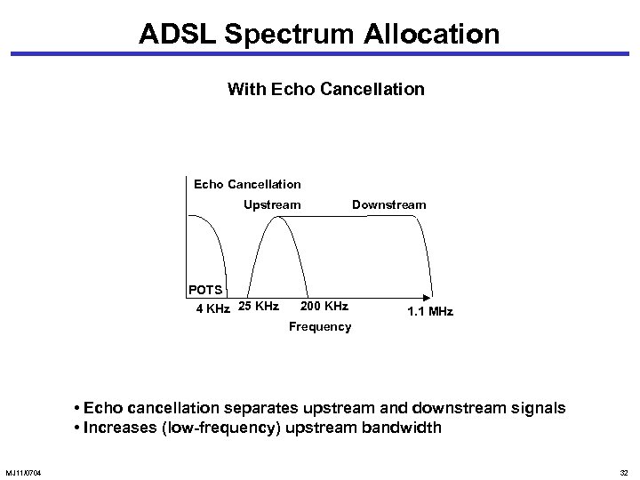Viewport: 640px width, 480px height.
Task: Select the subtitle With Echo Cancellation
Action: coord(325,90)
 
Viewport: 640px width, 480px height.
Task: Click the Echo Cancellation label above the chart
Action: coord(247,184)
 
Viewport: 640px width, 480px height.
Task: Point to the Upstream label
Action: coord(272,204)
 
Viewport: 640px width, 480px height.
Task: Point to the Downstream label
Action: coord(388,204)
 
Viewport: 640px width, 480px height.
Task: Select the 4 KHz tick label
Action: coord(212,308)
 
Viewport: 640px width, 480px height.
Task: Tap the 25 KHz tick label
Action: coord(259,307)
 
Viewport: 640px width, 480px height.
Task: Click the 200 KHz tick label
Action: coord(324,307)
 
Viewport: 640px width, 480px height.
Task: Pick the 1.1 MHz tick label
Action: coord(429,311)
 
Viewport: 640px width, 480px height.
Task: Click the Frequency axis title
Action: coord(320,327)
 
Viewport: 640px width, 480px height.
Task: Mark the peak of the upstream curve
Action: coord(277,217)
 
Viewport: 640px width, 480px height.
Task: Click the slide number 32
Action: coord(623,471)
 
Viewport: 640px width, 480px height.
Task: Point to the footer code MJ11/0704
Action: coord(28,471)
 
